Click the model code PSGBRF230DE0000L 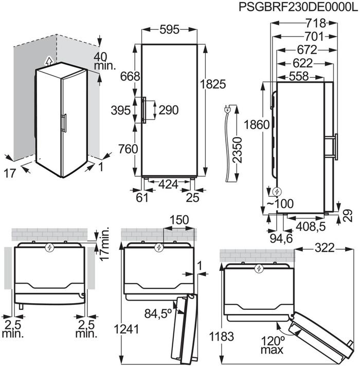[298, 7]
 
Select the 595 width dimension [169, 30]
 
